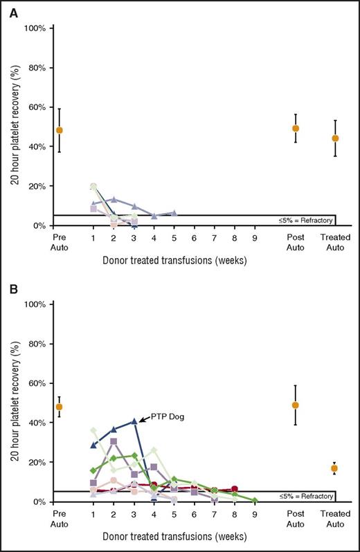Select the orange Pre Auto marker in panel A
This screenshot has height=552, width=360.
pos(60,130)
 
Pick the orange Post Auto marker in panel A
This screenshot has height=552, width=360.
pos(296,128)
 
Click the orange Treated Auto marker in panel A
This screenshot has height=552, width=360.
pos(335,138)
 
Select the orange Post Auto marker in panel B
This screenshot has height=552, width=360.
pos(296,405)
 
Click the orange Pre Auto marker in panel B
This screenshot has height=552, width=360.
pos(60,407)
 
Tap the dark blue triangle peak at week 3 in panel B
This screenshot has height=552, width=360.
pos(134,421)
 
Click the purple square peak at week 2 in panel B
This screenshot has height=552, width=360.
pos(114,441)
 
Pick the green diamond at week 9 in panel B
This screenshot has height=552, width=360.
pos(255,500)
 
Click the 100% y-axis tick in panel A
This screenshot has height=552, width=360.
pos(35,28)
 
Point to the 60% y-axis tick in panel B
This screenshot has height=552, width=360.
pos(35,383)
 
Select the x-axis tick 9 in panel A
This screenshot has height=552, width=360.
pos(255,238)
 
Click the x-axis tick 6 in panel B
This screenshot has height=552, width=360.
pos(195,514)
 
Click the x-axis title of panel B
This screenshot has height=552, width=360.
pos(174,539)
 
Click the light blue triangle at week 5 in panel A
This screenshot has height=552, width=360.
pos(174,212)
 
